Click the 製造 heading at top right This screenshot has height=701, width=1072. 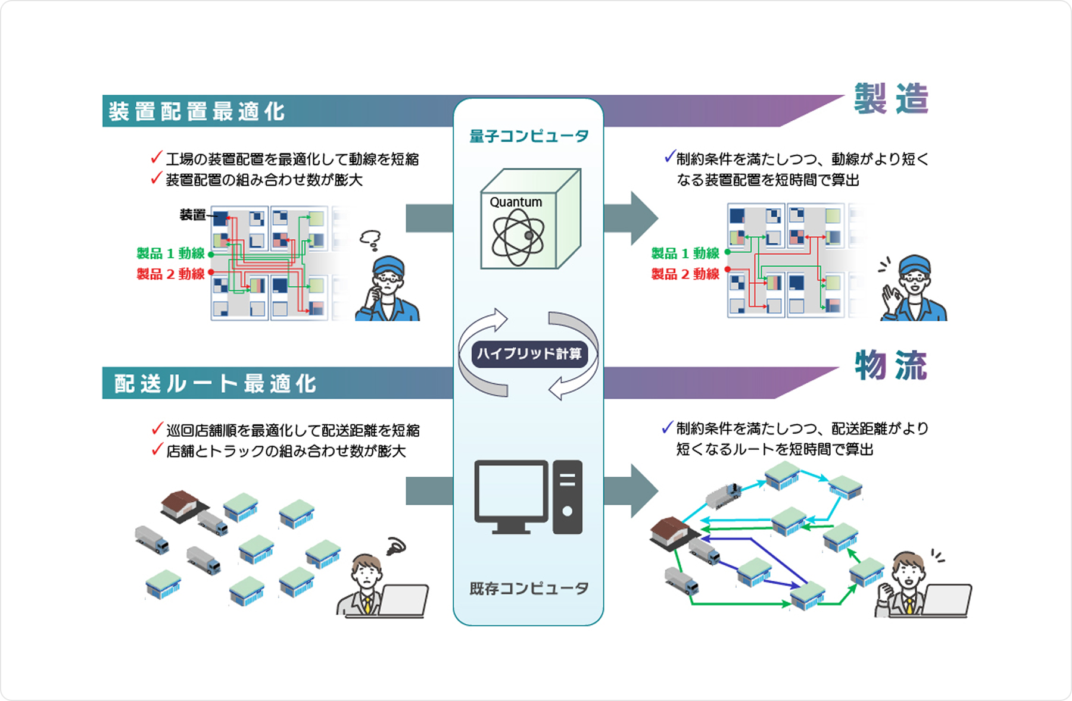[x=890, y=99]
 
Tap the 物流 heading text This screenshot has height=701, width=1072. [x=890, y=365]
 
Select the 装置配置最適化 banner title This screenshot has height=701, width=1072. [x=197, y=111]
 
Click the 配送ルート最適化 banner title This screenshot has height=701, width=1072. [x=215, y=383]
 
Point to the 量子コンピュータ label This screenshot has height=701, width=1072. [x=528, y=136]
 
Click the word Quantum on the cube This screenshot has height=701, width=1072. [x=516, y=202]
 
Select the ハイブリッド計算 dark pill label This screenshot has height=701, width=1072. [x=529, y=354]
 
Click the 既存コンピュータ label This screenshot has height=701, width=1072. [x=528, y=589]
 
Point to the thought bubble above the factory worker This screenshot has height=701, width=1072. [x=370, y=239]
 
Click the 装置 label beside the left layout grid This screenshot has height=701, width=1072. [x=192, y=215]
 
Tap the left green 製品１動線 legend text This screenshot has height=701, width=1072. [x=170, y=254]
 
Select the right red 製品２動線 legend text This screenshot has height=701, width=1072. [x=685, y=274]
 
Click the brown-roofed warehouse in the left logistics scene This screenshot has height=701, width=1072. [x=180, y=505]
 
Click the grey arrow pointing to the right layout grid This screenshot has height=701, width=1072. [x=630, y=218]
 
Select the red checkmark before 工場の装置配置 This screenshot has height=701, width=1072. [x=156, y=158]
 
